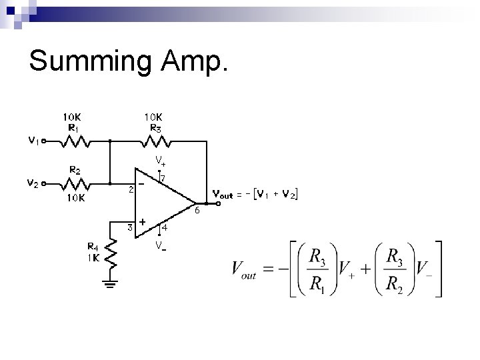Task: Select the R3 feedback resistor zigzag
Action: [x=155, y=141]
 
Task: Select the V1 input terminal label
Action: [x=33, y=141]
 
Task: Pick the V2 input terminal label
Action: [x=33, y=184]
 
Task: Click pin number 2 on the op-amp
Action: [x=131, y=189]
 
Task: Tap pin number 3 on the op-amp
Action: [x=131, y=228]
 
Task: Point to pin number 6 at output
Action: [x=197, y=212]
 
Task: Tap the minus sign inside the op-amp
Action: [x=141, y=183]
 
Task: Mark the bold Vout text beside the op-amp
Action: [x=223, y=195]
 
